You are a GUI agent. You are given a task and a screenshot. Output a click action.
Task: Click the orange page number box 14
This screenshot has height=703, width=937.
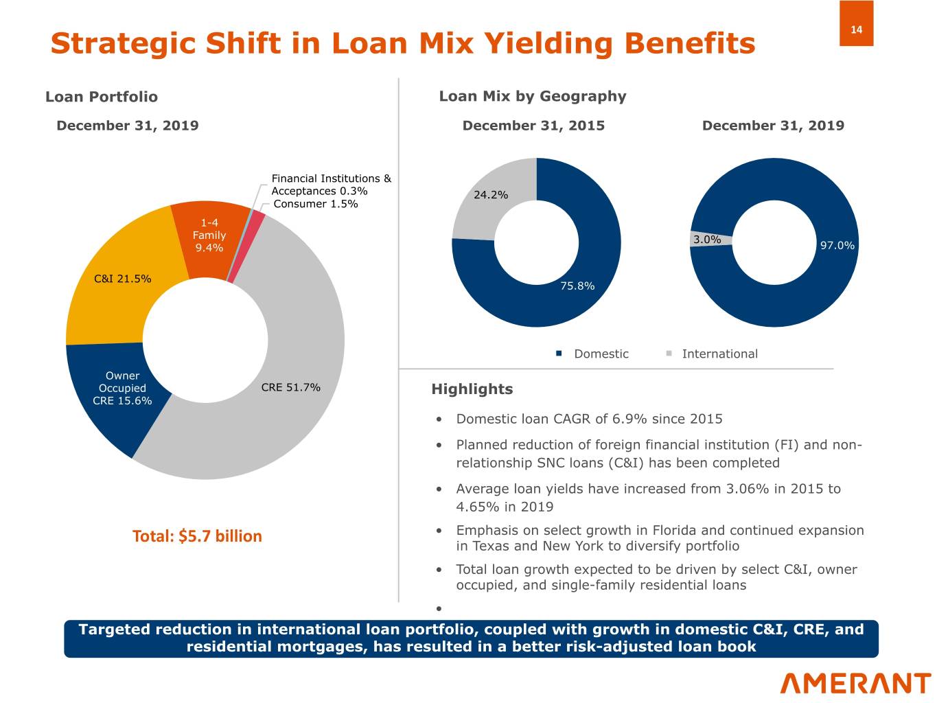[856, 23]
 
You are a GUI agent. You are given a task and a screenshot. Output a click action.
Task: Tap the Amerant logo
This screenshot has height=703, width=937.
[855, 684]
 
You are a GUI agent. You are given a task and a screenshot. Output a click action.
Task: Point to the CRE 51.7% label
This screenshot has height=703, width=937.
[290, 387]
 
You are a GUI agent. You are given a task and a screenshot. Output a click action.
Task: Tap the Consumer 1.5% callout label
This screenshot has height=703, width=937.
[316, 204]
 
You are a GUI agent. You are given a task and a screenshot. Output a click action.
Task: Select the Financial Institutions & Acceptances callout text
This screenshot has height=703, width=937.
[332, 185]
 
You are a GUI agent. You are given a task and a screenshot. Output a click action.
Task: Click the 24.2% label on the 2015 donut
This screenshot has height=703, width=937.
[491, 195]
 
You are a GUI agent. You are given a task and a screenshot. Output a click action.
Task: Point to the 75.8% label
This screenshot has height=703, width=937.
[577, 286]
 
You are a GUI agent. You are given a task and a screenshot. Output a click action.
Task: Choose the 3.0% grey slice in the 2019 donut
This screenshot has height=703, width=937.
[710, 239]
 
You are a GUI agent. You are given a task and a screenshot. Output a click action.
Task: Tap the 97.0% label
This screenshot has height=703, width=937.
[837, 245]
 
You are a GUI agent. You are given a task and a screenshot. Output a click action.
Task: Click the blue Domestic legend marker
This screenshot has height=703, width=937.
[559, 354]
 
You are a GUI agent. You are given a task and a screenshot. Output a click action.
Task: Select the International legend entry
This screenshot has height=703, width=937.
[712, 354]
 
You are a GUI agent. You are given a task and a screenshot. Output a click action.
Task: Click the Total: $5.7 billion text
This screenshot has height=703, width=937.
[197, 536]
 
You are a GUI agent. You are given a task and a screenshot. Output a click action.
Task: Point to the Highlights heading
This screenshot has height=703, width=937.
[472, 389]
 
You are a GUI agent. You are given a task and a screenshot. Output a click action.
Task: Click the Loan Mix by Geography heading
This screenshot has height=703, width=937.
[533, 97]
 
